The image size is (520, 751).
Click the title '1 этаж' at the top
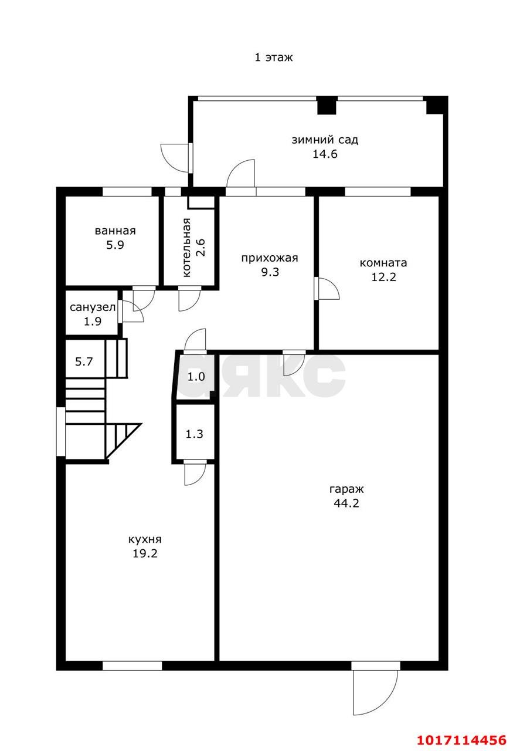click(273, 57)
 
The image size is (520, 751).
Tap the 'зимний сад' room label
click(325, 140)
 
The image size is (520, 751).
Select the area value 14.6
click(325, 154)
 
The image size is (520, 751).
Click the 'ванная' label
click(115, 231)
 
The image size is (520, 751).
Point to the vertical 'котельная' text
click(186, 248)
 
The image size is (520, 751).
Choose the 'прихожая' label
click(270, 258)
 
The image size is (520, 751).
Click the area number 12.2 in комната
click(383, 276)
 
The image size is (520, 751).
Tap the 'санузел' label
click(93, 307)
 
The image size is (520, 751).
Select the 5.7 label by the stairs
click(84, 361)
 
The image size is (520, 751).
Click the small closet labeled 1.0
click(196, 377)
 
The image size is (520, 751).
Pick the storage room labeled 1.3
click(194, 434)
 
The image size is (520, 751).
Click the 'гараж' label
click(346, 489)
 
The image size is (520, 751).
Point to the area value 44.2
click(346, 503)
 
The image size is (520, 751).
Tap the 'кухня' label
click(145, 539)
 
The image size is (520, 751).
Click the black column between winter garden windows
click(327, 105)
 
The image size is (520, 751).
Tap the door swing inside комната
click(327, 289)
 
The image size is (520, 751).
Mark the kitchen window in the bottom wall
click(132, 665)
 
